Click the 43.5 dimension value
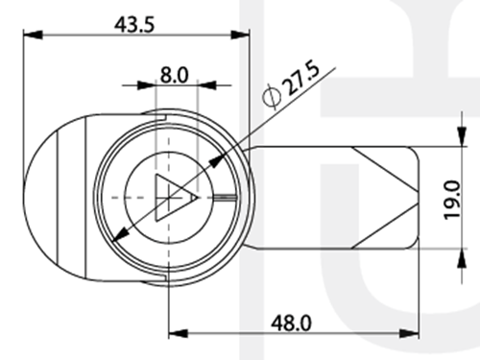[x=134, y=25]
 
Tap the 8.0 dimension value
[x=174, y=76]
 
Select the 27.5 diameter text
[x=303, y=79]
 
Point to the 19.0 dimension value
[x=453, y=200]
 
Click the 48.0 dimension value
[x=291, y=324]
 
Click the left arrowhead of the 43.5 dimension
[x=33, y=35]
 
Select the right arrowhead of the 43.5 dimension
[x=240, y=35]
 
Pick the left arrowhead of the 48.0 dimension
[x=179, y=333]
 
